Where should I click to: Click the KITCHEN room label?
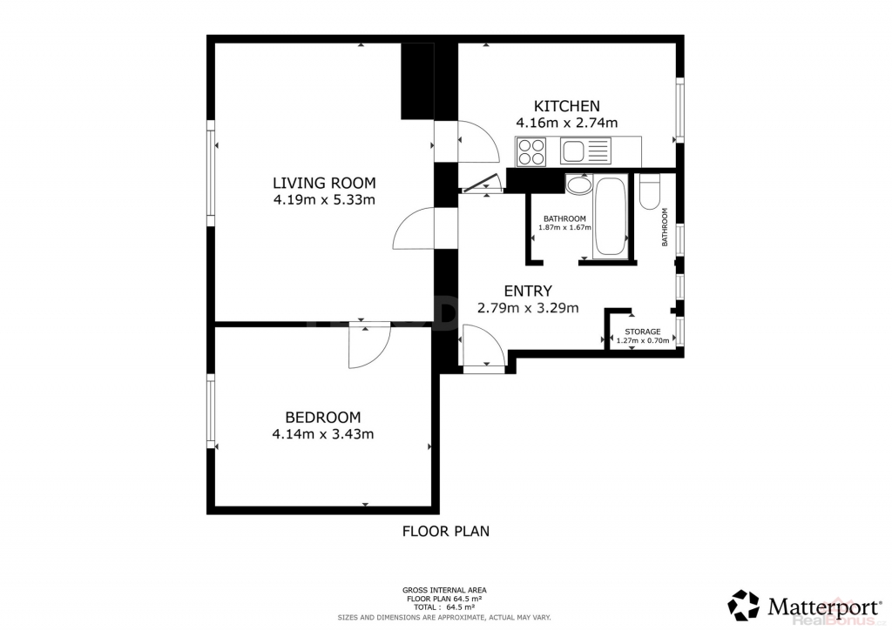click(x=566, y=106)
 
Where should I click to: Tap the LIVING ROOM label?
click(x=324, y=183)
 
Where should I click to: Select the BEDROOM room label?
click(x=322, y=418)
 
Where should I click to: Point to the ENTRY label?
click(x=528, y=291)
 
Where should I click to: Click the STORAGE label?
click(x=643, y=332)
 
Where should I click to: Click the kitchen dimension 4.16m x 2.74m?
click(x=566, y=123)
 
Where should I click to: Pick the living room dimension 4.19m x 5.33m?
click(x=324, y=200)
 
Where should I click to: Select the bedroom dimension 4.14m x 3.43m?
click(x=323, y=434)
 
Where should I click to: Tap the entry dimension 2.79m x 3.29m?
click(x=528, y=308)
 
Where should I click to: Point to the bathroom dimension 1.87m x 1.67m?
click(x=564, y=228)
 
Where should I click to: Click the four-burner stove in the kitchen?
click(x=530, y=151)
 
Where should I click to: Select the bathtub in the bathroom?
click(x=611, y=217)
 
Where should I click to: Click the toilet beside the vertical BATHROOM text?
click(x=648, y=191)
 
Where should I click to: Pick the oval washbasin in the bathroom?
click(x=579, y=185)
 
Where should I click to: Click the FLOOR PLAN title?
click(x=446, y=531)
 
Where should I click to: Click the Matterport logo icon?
click(x=744, y=606)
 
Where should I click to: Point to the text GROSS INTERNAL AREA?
click(x=444, y=590)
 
